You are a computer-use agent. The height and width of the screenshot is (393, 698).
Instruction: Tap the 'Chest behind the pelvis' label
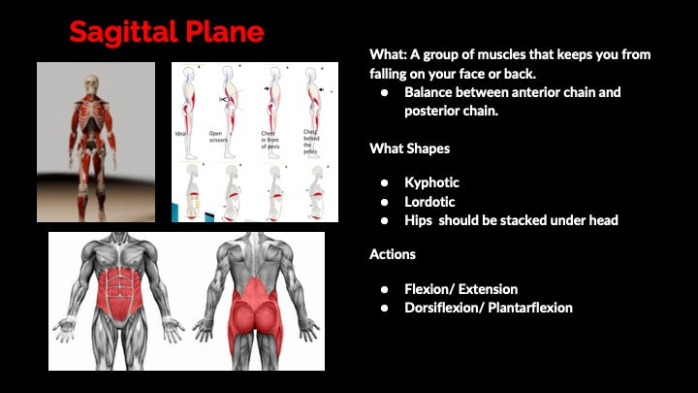(311, 137)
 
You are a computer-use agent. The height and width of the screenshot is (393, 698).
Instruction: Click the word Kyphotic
(431, 182)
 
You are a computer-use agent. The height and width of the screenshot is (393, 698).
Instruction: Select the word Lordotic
(429, 202)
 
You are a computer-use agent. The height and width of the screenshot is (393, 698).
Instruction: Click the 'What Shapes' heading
(408, 148)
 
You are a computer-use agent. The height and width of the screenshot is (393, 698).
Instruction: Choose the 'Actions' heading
(393, 254)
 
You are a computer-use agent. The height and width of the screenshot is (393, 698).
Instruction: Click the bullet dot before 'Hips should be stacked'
(384, 221)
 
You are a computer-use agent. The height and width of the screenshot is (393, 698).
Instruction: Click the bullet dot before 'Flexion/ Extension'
(384, 289)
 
